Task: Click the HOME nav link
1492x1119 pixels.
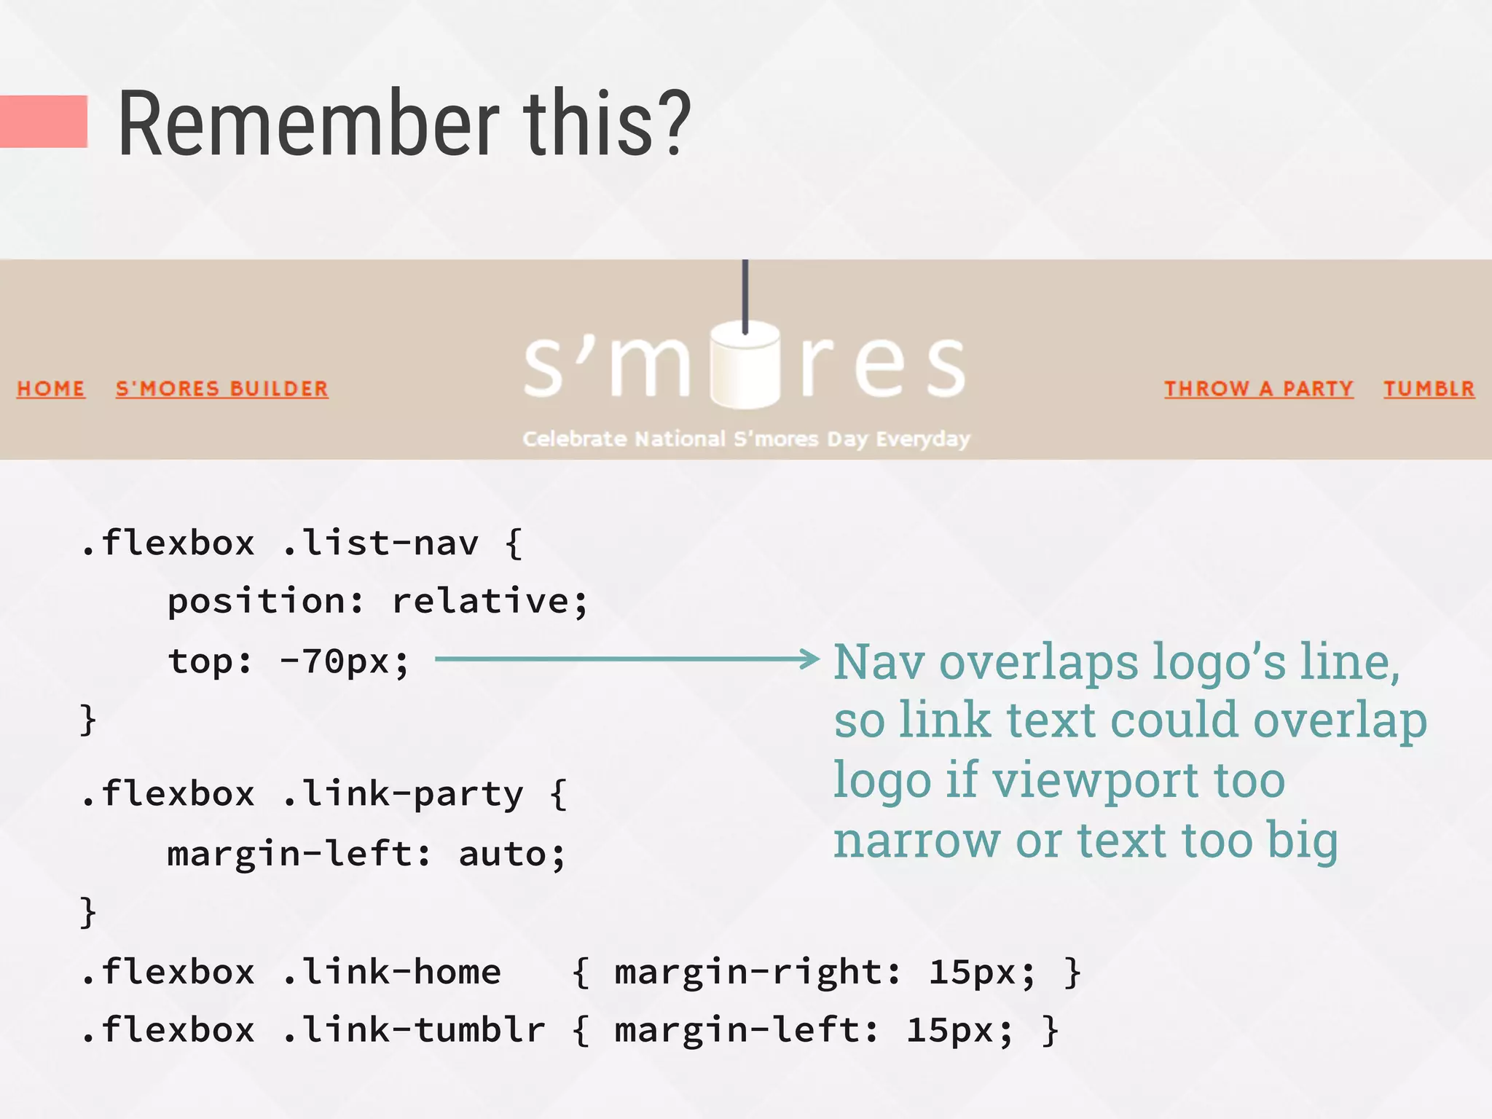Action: tap(51, 388)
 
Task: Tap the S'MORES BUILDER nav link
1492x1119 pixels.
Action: tap(222, 388)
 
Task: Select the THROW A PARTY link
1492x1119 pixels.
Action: tap(1258, 388)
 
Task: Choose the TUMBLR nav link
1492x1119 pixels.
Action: tap(1429, 388)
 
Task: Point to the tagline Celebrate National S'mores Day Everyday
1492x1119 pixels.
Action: tap(746, 439)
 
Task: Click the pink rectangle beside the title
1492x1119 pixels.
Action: tap(43, 122)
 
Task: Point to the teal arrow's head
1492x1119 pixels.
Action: tap(811, 659)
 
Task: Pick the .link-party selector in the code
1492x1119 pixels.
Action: tap(402, 794)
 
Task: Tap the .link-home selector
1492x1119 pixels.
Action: tap(391, 972)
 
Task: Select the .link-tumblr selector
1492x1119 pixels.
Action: tap(413, 1030)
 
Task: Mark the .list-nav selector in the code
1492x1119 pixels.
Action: tap(380, 543)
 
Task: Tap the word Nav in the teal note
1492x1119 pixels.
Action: tap(879, 662)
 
